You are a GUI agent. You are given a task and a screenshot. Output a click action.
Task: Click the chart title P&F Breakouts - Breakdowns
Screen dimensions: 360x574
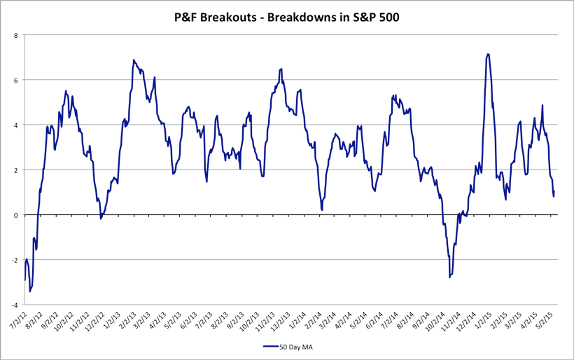pos(286,18)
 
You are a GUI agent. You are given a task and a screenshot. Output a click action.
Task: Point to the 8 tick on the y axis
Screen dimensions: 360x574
pos(16,35)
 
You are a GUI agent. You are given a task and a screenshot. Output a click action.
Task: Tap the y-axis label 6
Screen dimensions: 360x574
pos(16,80)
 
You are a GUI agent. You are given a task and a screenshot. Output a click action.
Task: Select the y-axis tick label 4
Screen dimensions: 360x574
pos(16,125)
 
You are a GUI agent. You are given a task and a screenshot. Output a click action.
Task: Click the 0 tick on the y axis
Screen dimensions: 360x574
pos(16,215)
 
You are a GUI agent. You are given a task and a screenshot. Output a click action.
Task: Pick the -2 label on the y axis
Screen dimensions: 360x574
pos(15,260)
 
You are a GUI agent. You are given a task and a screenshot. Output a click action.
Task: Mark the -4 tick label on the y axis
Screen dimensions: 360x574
pos(15,305)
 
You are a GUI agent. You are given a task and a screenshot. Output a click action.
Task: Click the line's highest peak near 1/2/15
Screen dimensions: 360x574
pos(487,54)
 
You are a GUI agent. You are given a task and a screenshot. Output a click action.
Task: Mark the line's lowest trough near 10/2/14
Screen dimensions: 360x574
pos(449,277)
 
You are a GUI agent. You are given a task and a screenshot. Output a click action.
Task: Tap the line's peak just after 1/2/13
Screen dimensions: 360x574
pos(134,60)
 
